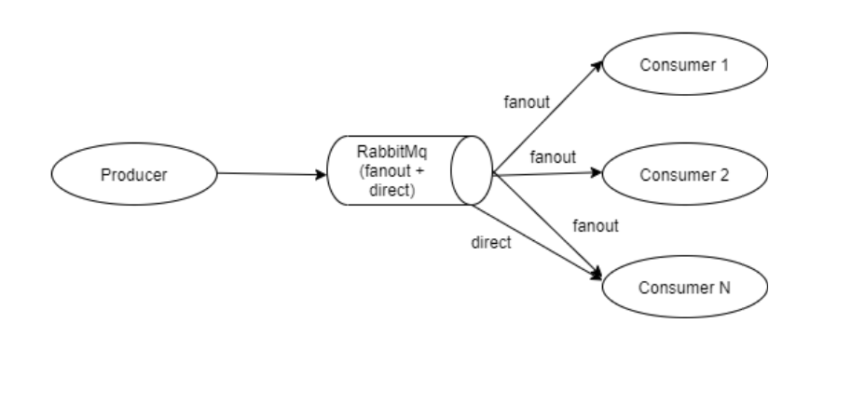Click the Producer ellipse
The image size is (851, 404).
coord(132,174)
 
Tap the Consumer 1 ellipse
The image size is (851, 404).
coord(684,66)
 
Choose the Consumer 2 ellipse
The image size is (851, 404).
coord(684,174)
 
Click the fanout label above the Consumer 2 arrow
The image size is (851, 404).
coord(553,156)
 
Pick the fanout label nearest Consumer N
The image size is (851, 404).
coord(596,224)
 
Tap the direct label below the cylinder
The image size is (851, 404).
coord(492,244)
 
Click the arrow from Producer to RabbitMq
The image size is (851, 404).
coord(270,174)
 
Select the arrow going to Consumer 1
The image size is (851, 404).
coord(545,121)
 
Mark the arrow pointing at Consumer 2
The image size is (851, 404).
coord(550,173)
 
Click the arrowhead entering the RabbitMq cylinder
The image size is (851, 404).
coord(323,174)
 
